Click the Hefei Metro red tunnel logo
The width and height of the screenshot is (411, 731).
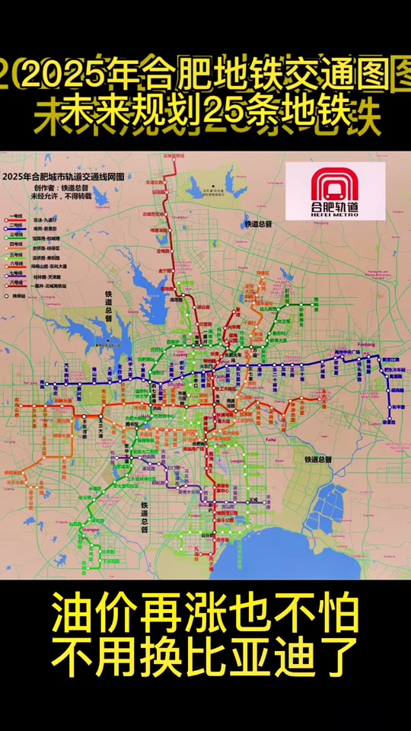pyautogui.click(x=337, y=184)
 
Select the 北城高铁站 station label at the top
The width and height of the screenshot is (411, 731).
pyautogui.click(x=175, y=155)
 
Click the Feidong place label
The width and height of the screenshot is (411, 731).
pyautogui.click(x=367, y=345)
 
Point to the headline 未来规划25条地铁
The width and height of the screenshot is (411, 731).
pyautogui.click(x=205, y=113)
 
